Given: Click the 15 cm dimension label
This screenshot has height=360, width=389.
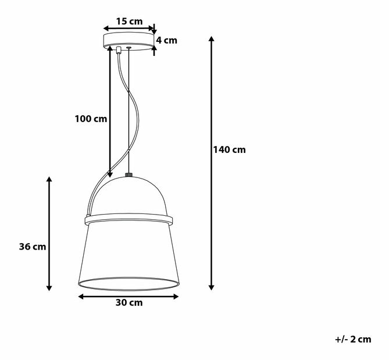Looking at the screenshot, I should pyautogui.click(x=129, y=22).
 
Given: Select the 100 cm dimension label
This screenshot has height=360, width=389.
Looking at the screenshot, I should pyautogui.click(x=91, y=119).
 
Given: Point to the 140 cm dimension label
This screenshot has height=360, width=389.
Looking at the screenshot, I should pyautogui.click(x=229, y=150).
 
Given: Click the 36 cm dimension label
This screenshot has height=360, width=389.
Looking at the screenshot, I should pyautogui.click(x=32, y=247).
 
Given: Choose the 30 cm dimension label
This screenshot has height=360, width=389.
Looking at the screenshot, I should pyautogui.click(x=128, y=302).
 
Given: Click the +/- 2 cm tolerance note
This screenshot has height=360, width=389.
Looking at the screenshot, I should pyautogui.click(x=352, y=340).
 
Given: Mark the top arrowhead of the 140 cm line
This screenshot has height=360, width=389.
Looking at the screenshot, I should pyautogui.click(x=212, y=39).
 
